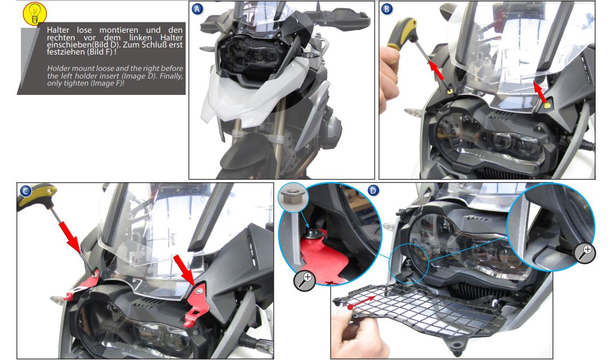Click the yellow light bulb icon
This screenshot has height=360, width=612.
(x=35, y=14)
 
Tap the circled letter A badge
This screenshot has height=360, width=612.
(x=197, y=9)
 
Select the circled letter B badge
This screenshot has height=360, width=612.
(x=386, y=9)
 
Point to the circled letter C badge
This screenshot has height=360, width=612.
(x=26, y=190)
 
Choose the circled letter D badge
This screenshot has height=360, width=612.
(x=373, y=190)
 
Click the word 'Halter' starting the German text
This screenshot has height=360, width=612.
(x=58, y=30)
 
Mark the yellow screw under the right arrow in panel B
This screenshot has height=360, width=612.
(x=547, y=105)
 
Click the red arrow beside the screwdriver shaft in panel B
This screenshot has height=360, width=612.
(x=437, y=70)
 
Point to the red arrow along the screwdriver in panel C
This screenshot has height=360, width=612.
(x=70, y=237)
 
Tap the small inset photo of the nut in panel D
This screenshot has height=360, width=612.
(x=293, y=197)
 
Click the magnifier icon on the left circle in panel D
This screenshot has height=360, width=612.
(x=304, y=280)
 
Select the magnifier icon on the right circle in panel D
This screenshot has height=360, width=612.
(x=585, y=253)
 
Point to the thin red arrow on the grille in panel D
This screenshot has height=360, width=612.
(x=361, y=302)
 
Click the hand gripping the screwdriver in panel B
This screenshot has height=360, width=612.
(x=389, y=78)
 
